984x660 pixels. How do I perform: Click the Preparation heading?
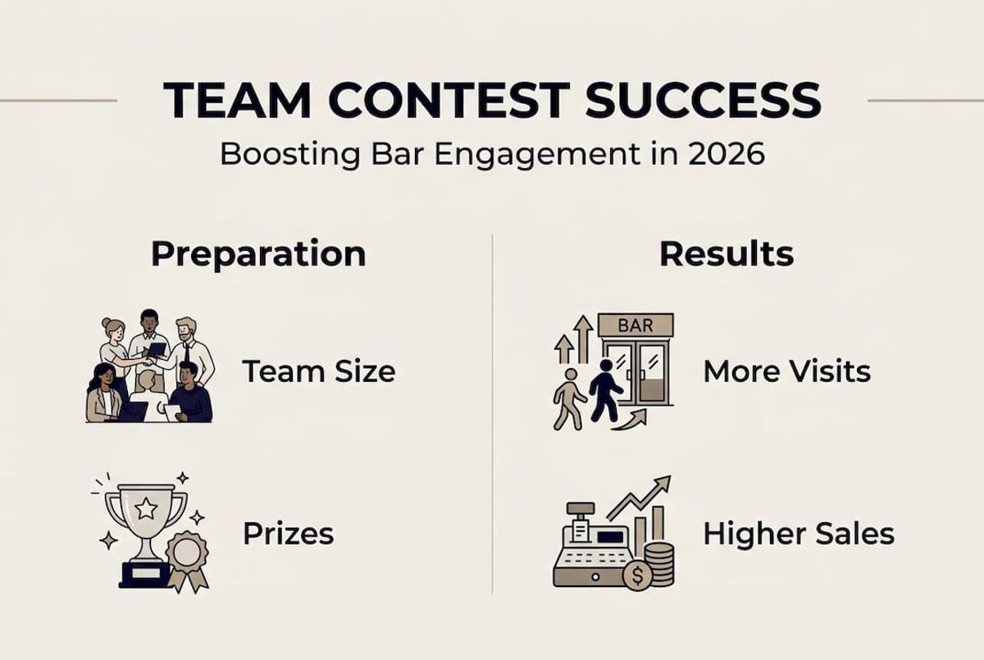258,254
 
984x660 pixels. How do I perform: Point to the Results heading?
726,254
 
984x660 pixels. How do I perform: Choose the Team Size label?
318,371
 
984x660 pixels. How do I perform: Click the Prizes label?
288,534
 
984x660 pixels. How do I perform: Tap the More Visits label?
786,371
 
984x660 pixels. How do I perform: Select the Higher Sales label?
798,534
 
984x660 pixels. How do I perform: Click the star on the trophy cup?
146,509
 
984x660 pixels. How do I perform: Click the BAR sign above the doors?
635,325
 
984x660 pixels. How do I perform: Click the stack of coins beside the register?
659,563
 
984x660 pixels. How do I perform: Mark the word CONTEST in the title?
444,100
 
